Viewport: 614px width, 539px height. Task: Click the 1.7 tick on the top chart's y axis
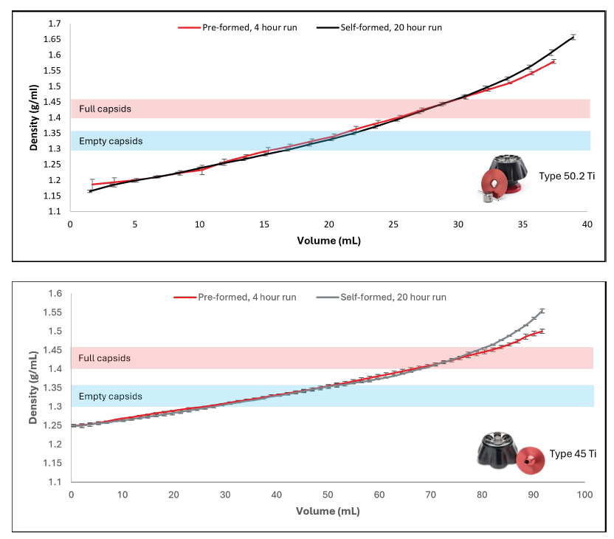click(55, 24)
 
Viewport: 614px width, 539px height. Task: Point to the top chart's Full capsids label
click(105, 109)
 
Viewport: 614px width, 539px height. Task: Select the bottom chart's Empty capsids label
click(110, 396)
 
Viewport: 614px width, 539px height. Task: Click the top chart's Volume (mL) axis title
click(328, 240)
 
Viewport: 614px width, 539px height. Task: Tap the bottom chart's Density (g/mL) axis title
click(34, 388)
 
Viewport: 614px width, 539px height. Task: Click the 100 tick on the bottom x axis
click(585, 495)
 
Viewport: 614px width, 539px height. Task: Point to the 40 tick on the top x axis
click(587, 224)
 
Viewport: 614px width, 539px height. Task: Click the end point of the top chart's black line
click(573, 36)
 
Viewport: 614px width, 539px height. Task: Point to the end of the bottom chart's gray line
click(542, 310)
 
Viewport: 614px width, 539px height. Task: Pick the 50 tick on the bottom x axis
click(328, 495)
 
